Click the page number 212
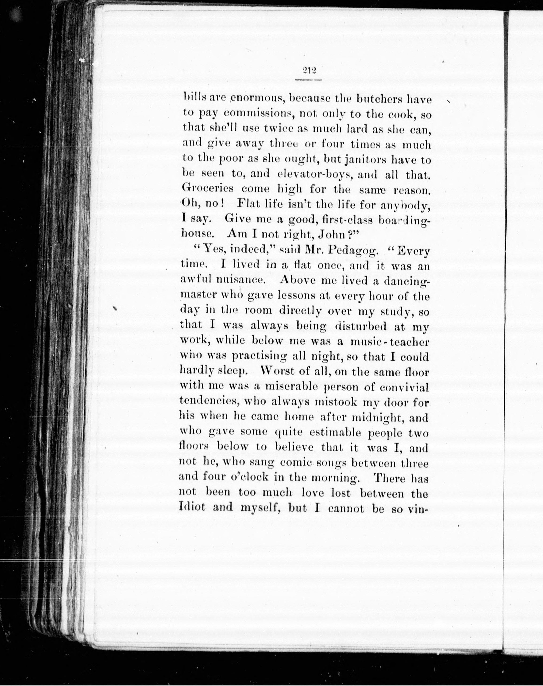coord(308,71)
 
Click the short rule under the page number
coord(308,79)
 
